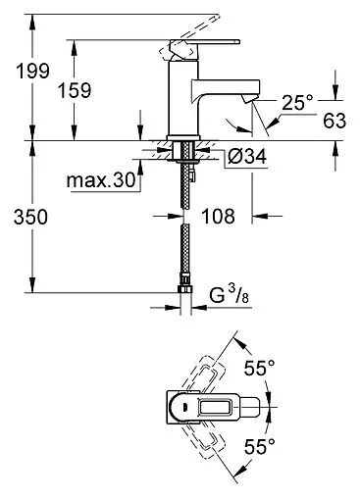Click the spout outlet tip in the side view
coord(254,99)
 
